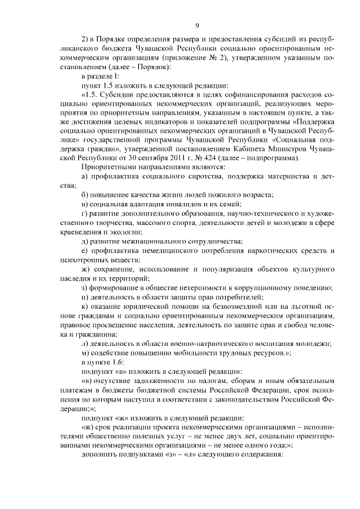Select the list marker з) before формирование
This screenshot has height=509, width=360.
click(84, 287)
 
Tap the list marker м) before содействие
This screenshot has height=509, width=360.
click(85, 352)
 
